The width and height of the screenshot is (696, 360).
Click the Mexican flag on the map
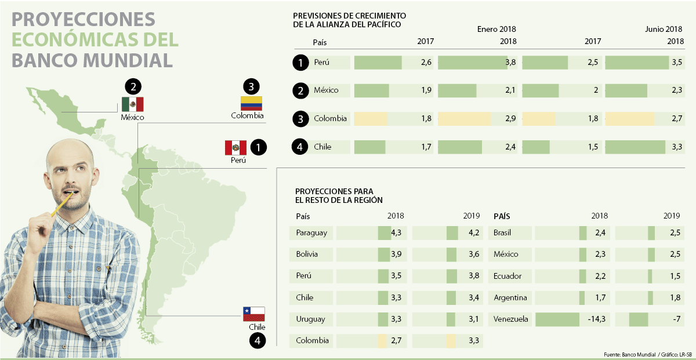tap(132, 104)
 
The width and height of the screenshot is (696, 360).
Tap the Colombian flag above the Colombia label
tap(251, 103)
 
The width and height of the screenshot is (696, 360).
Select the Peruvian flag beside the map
tap(235, 148)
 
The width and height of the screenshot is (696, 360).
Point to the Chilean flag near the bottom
tap(253, 314)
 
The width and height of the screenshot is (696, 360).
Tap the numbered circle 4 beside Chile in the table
tap(300, 147)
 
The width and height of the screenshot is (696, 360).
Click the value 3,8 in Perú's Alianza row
tap(510, 63)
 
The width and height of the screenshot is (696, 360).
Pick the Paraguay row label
tap(311, 233)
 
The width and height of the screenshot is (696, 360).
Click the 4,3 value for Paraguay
tap(397, 233)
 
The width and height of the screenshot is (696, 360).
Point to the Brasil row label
tap(506, 233)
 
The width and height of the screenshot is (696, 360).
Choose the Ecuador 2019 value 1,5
tap(675, 276)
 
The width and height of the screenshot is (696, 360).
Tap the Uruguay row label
tap(310, 319)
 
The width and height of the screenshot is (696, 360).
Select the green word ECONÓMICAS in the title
tap(95, 40)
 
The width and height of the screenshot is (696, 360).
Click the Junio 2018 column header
tap(664, 29)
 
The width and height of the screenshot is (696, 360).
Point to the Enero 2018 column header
tap(496, 29)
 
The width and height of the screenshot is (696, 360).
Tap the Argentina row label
tap(510, 298)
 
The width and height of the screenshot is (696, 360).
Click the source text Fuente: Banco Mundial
tap(630, 354)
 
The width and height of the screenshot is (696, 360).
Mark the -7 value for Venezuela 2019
tap(675, 319)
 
